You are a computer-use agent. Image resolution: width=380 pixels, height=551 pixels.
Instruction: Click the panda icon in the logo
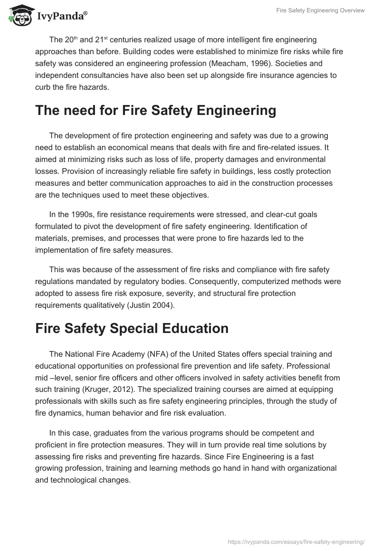pos(19,16)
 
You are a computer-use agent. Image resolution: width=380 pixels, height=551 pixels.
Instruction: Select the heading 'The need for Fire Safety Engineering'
pos(155,111)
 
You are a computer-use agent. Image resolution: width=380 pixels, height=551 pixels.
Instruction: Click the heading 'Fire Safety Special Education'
pos(132,328)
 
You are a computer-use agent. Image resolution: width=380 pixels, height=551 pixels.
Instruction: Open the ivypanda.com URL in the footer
pos(296,541)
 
